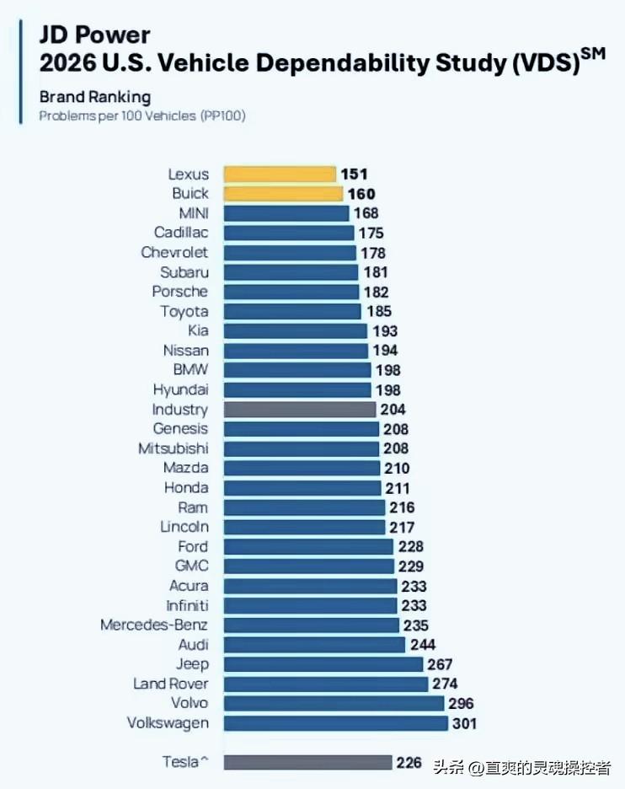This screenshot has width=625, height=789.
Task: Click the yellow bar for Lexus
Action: tap(279, 174)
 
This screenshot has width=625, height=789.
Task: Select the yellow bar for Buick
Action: tap(282, 194)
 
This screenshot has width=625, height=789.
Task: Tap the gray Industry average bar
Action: tap(299, 410)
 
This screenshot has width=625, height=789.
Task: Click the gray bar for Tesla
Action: tap(307, 762)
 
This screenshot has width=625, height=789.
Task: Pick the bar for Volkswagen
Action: tap(335, 723)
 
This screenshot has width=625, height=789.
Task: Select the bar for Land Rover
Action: tap(325, 684)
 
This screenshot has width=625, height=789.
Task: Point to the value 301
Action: tap(464, 723)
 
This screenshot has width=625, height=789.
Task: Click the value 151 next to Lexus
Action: tap(354, 174)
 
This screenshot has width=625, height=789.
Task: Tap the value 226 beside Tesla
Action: tap(409, 762)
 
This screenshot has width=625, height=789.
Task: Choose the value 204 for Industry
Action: tap(393, 410)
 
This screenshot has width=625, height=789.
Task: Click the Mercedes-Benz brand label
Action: tap(154, 625)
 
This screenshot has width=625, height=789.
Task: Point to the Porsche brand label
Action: tap(179, 292)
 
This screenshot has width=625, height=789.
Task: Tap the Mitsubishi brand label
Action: tap(173, 448)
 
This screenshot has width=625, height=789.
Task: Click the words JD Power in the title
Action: tap(94, 35)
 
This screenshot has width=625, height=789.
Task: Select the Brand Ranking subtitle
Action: tap(95, 97)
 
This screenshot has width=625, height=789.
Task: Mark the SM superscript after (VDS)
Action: tap(593, 54)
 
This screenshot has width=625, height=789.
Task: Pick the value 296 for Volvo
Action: tap(461, 703)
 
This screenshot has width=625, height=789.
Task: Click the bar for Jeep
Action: tap(323, 664)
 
